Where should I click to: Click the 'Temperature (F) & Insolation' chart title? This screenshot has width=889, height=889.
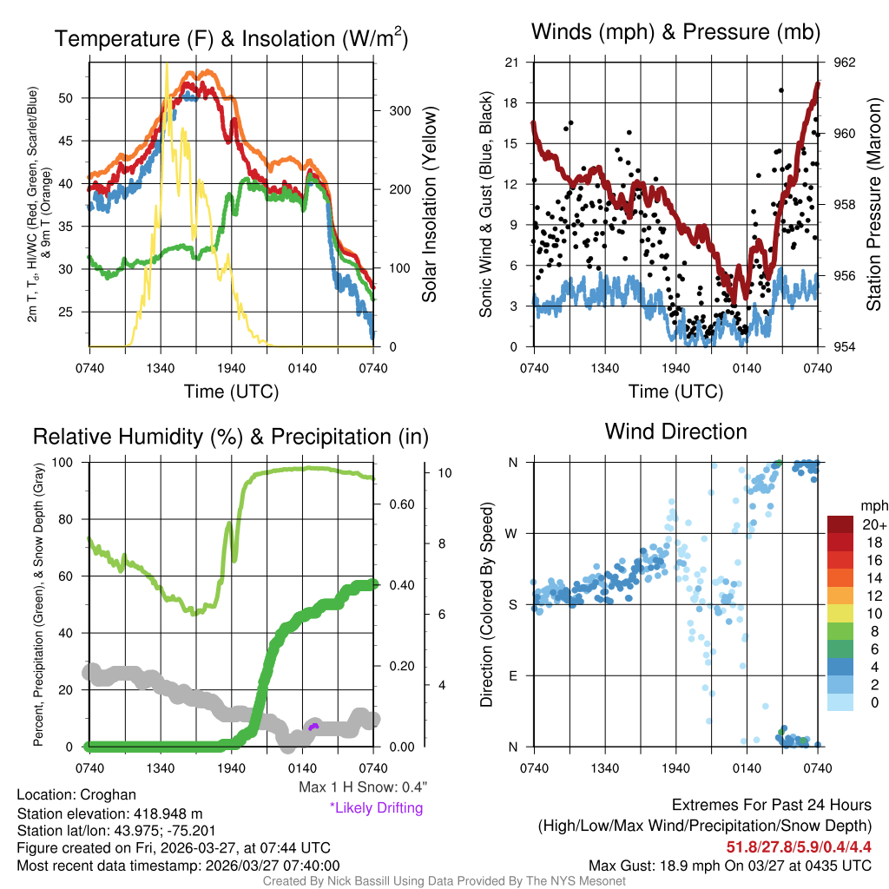pos(231,38)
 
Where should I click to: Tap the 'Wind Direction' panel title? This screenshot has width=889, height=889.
pos(675,431)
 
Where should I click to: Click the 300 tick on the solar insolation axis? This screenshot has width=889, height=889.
pos(400,110)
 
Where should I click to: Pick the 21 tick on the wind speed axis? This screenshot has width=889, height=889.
pos(511,63)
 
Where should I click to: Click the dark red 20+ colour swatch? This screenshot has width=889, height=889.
pos(840,525)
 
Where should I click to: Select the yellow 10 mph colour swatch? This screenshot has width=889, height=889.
pos(840,614)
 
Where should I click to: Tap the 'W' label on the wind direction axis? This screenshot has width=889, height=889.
pos(513,534)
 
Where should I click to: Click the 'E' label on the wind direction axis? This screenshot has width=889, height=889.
pos(513,675)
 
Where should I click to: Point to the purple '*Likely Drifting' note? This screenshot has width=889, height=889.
pos(376,808)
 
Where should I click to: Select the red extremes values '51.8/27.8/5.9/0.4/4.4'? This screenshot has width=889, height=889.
pos(799,846)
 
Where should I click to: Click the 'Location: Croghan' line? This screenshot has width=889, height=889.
pos(76,794)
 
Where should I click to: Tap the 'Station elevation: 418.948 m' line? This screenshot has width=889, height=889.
pos(109,813)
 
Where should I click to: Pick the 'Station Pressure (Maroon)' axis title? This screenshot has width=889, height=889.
pos(874,204)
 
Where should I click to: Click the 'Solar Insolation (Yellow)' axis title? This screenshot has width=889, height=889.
pos(429,205)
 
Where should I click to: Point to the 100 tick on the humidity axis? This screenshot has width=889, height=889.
pos(74,463)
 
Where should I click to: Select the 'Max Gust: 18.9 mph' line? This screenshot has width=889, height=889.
pos(730,865)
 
